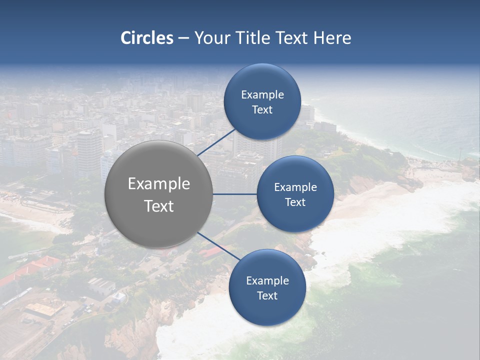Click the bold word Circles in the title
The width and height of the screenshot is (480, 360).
147,38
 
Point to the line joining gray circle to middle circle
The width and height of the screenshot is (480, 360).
235,194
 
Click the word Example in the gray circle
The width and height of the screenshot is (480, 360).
159,184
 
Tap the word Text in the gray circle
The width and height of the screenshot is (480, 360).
159,206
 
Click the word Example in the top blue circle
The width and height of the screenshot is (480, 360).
262,95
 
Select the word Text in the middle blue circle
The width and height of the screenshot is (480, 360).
295,202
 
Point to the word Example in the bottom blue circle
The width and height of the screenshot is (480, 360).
267,281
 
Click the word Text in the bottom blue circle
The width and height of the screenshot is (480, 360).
267,296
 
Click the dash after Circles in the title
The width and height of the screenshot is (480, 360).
183,38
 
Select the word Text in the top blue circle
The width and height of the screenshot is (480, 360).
262,110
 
